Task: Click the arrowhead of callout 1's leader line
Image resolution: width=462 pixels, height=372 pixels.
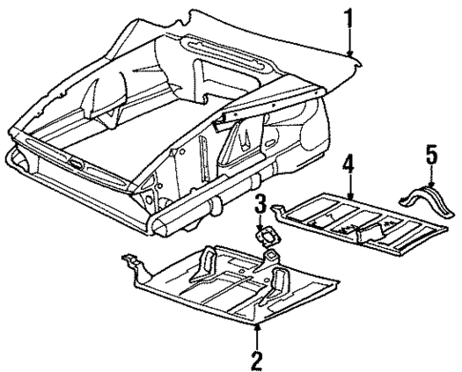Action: pos(351,53)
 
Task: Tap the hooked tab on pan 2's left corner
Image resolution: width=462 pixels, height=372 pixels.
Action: pos(130,260)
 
